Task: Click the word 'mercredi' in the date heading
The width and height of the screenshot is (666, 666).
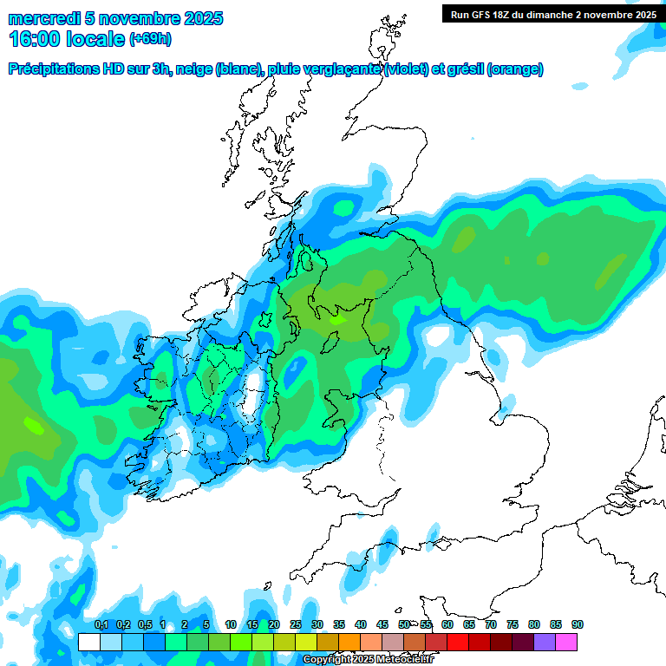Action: click(x=39, y=18)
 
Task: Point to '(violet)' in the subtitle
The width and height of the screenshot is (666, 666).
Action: click(x=408, y=69)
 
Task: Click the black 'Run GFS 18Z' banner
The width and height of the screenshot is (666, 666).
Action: click(x=552, y=14)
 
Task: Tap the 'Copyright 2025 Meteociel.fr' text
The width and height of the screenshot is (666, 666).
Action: click(x=369, y=660)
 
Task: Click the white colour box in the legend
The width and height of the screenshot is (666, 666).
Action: click(x=88, y=643)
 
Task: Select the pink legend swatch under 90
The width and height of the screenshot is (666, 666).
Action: click(x=566, y=643)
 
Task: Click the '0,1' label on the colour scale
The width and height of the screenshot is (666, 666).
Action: click(x=101, y=625)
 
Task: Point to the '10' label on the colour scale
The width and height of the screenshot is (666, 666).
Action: click(x=231, y=625)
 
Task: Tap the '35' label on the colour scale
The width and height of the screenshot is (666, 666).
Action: click(x=339, y=625)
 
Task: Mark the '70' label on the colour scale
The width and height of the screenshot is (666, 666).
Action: click(x=491, y=625)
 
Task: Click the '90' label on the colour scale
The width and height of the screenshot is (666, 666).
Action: click(x=578, y=625)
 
